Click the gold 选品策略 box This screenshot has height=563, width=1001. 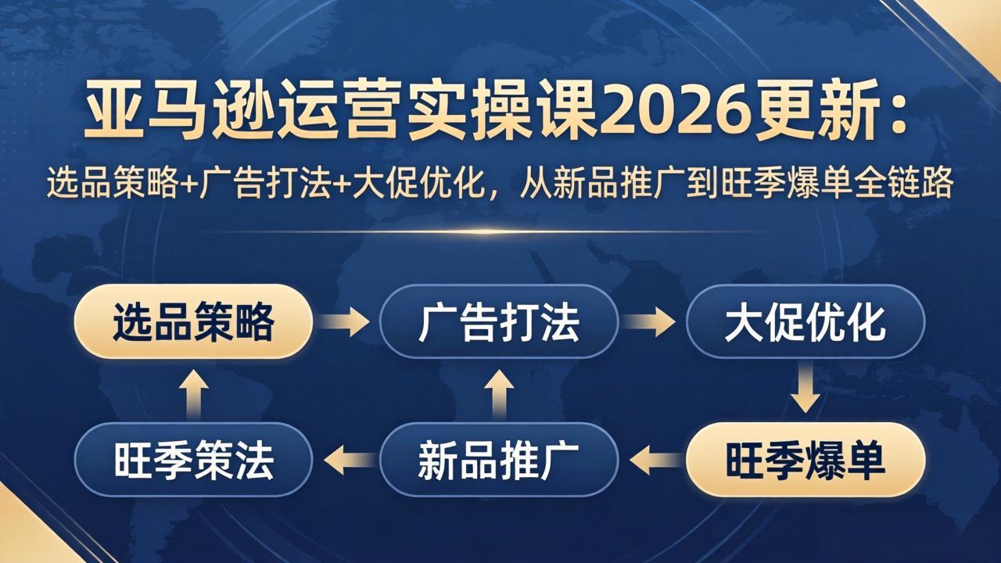click(193, 321)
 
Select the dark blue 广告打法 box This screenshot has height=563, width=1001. click(499, 321)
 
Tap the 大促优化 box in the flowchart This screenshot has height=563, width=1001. click(805, 321)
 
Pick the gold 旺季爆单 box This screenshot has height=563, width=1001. click(805, 460)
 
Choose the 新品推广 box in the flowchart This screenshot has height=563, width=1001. click(499, 460)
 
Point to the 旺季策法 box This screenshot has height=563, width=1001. click(193, 460)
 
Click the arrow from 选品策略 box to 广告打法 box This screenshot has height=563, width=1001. click(345, 321)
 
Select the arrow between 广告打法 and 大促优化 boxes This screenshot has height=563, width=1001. click(651, 321)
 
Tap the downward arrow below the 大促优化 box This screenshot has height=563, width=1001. click(805, 391)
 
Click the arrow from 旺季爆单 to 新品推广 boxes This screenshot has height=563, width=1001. click(653, 460)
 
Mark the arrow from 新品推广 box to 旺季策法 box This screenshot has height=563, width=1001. click(348, 460)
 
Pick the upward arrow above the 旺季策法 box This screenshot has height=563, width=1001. click(193, 391)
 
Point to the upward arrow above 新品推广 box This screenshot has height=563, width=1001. click(499, 391)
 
